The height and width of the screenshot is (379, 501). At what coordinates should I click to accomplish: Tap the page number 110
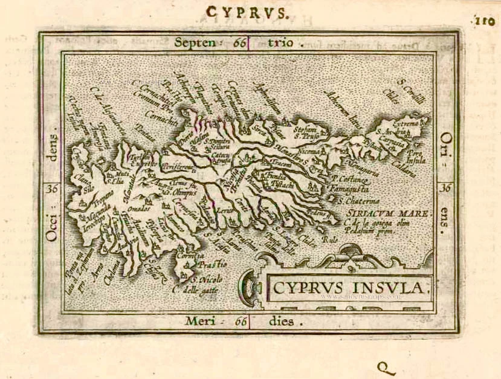[485, 21]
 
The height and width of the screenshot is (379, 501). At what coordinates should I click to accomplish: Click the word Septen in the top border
[195, 42]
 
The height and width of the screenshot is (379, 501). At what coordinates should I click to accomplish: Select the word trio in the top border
[279, 42]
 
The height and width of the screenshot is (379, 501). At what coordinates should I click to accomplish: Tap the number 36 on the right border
[446, 188]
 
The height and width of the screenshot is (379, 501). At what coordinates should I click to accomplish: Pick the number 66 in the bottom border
[241, 322]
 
